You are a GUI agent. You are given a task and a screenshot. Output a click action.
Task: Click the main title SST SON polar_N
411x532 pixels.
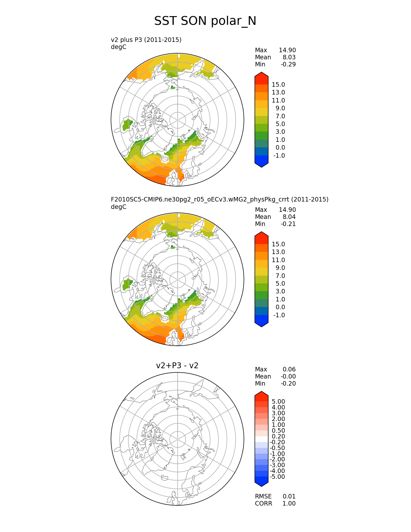205,21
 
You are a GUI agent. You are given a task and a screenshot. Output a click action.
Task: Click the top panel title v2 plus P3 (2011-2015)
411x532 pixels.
146,40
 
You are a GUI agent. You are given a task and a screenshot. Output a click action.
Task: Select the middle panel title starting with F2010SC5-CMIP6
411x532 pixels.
220,199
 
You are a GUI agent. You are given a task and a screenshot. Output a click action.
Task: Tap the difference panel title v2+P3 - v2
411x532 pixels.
177,365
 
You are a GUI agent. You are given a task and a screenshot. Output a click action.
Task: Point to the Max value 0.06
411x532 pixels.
289,369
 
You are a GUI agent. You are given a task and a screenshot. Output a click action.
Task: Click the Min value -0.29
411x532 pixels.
288,64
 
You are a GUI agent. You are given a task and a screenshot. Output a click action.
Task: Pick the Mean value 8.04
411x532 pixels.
289,217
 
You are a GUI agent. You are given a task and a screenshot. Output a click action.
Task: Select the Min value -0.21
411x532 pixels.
288,224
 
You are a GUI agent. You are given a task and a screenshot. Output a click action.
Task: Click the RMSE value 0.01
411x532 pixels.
289,496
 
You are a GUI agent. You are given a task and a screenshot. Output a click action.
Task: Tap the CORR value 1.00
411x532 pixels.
289,503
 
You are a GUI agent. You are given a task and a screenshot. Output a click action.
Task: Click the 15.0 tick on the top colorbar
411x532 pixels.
278,84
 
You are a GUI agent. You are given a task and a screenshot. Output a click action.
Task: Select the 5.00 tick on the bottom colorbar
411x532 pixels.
278,401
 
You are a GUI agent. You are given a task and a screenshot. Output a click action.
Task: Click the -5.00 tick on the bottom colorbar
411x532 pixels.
277,477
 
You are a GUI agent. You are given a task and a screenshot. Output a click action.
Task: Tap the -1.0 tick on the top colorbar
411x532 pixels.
279,155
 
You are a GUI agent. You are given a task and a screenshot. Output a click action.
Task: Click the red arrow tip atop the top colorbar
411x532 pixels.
261,75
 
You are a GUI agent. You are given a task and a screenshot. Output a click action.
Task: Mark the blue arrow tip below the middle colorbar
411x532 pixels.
261,324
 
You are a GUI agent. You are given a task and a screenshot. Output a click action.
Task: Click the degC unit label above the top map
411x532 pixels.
119,47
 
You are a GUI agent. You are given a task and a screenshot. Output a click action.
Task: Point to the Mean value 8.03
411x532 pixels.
289,57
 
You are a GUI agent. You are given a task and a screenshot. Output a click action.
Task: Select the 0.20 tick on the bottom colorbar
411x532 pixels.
278,436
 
